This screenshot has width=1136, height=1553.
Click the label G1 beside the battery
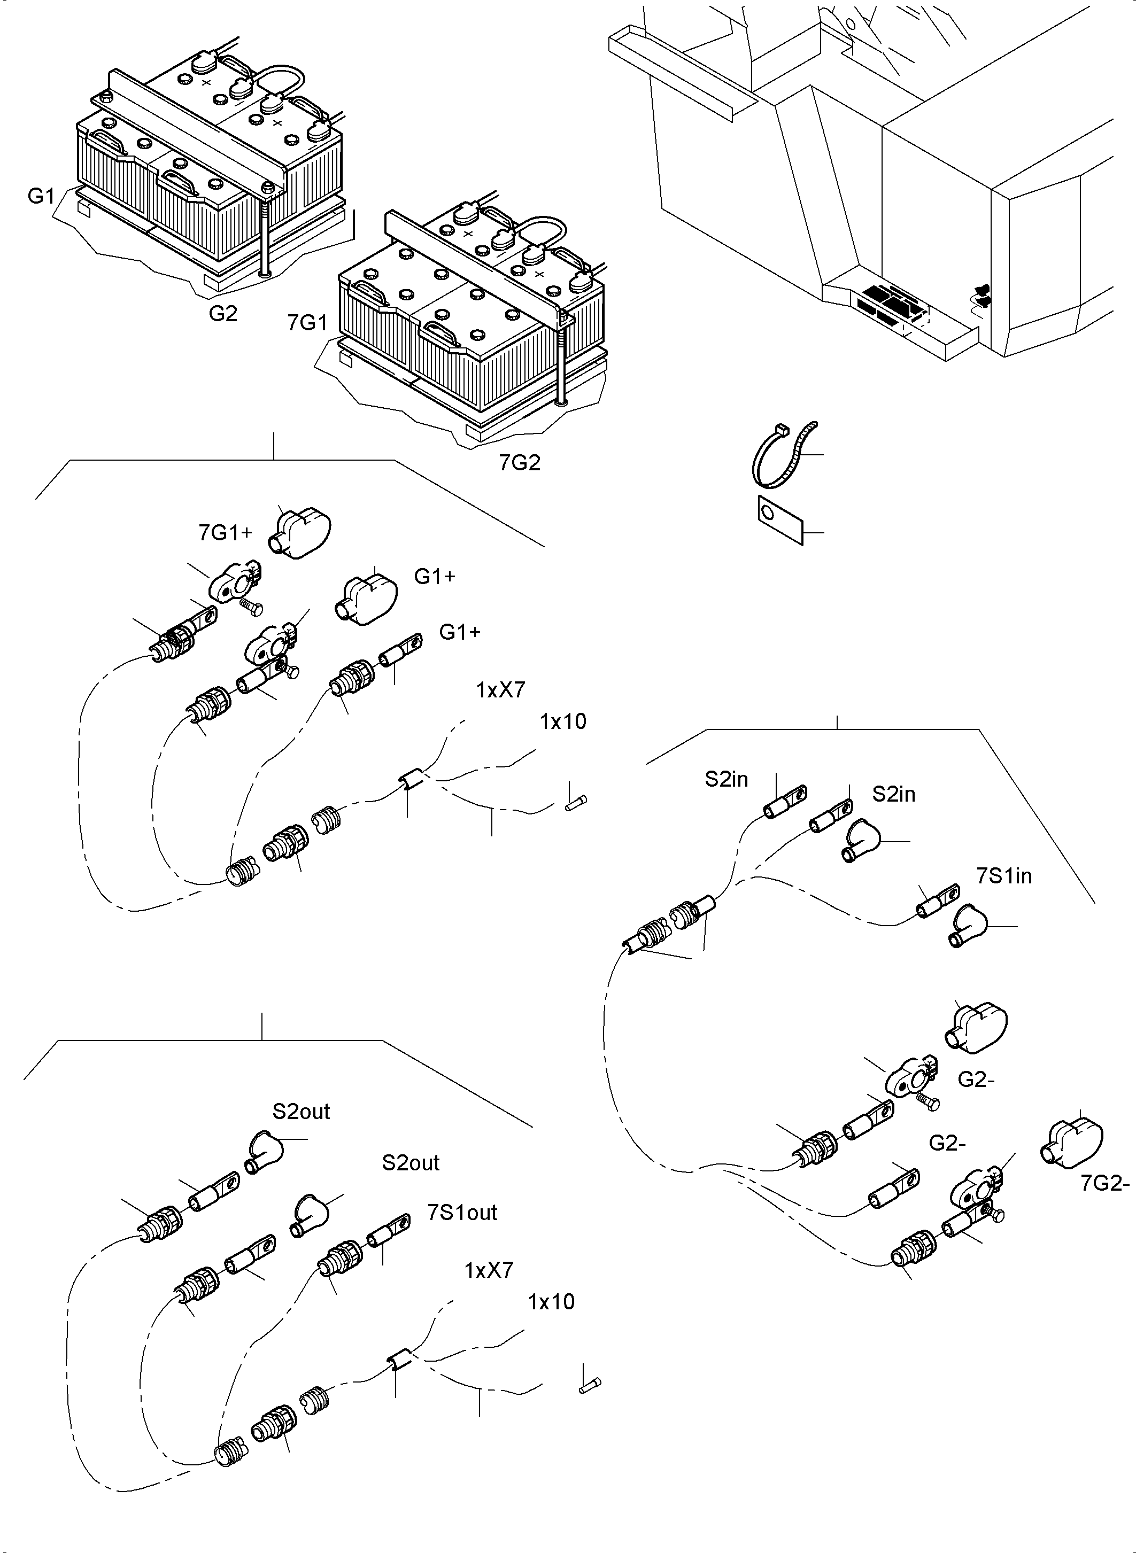tap(41, 196)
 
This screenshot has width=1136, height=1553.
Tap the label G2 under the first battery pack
tap(223, 314)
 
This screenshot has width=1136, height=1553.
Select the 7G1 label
tap(307, 322)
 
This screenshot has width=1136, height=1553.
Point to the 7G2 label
tap(519, 463)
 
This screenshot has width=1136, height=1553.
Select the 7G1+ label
tap(225, 532)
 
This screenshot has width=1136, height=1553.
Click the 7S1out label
tap(462, 1212)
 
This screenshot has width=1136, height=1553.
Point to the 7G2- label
tap(1104, 1183)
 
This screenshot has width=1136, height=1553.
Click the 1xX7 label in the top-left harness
tap(500, 689)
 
